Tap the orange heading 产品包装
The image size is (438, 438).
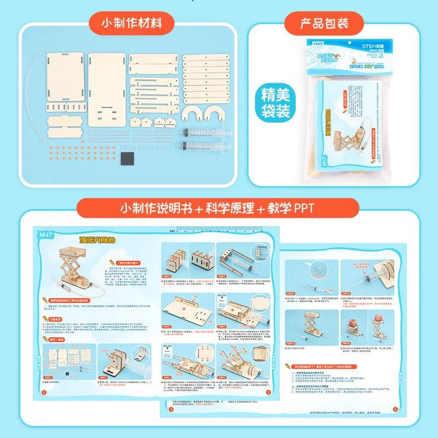[x=324, y=24]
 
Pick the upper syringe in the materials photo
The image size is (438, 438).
[x=203, y=132]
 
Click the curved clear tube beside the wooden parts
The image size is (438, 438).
[x=36, y=82]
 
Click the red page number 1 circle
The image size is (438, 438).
[x=44, y=393]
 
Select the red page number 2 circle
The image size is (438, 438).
[x=268, y=392]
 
